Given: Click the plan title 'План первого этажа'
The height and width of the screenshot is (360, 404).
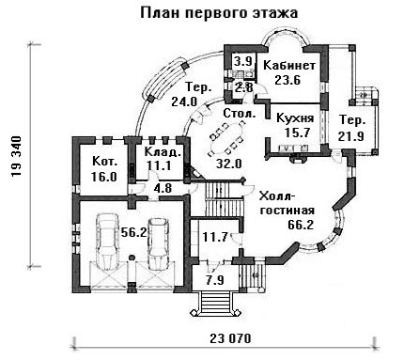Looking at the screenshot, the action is [219, 13].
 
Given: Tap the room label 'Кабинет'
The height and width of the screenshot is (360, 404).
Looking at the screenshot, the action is [289, 66].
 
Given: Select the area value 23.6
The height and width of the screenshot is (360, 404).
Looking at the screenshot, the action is [287, 80].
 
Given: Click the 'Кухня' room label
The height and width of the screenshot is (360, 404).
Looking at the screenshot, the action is [295, 118].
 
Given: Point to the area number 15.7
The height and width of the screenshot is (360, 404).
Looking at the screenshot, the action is [297, 133].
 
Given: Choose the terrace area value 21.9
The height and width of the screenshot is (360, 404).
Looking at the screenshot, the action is [350, 136].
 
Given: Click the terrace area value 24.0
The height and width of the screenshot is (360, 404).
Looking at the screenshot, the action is [184, 102].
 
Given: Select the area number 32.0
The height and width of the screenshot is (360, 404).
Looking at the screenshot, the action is [229, 164].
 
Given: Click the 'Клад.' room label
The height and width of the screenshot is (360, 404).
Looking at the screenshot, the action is [163, 151].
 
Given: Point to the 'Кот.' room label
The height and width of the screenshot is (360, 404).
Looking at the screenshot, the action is [105, 162].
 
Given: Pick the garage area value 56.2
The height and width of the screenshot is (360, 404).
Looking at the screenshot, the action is [134, 232].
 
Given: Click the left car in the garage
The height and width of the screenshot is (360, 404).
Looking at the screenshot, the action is [107, 242].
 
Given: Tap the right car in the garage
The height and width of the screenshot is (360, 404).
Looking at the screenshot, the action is [158, 243].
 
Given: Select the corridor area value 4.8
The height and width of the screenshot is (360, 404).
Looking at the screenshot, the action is [163, 188].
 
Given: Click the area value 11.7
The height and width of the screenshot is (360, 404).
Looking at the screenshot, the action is [215, 237].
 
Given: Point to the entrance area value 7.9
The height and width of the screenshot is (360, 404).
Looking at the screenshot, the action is [215, 279].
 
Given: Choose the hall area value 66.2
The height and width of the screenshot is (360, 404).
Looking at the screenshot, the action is [301, 225].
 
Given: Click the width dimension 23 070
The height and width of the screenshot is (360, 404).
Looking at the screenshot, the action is [230, 338].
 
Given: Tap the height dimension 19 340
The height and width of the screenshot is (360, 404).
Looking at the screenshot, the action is [16, 156].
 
